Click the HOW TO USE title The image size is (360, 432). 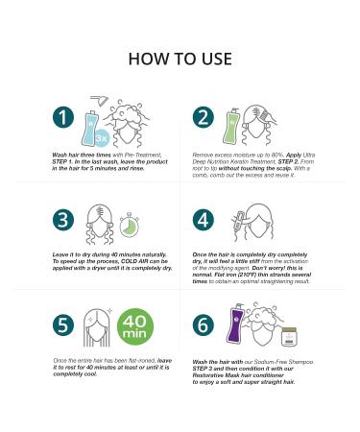180,59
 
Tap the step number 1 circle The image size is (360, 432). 63,117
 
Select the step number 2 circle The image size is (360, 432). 204,117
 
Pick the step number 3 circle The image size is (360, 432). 63,220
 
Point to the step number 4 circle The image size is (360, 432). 204,220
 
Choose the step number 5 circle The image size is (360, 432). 63,325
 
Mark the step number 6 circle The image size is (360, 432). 204,325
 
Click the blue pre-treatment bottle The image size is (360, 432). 89,128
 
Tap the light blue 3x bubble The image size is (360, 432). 103,138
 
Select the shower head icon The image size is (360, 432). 100,101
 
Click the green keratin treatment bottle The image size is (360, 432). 231,127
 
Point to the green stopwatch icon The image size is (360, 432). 130,226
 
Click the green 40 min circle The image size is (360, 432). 135,326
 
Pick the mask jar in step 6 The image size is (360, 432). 289,337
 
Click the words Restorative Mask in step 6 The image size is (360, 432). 208,375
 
